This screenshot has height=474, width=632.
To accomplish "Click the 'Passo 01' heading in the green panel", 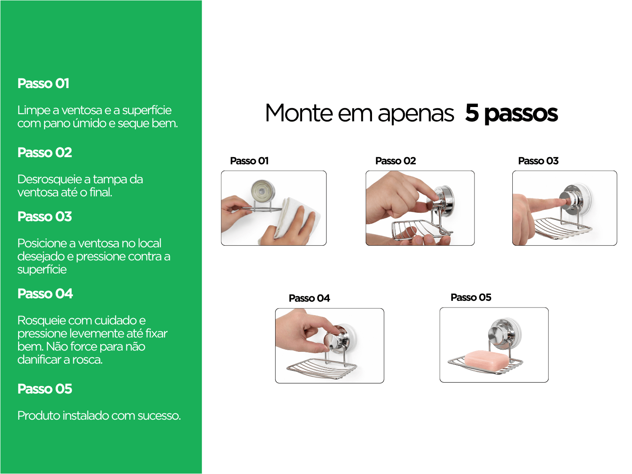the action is click(43, 83).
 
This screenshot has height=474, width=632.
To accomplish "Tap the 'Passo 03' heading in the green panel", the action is click(45, 217).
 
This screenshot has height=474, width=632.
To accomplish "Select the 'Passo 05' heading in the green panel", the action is click(45, 388).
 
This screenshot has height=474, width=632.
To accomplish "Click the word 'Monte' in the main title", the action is click(298, 113).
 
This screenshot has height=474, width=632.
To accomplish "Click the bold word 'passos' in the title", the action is click(521, 114).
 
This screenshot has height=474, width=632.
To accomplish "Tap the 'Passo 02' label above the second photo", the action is click(395, 161).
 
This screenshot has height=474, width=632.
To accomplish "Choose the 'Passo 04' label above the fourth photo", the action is click(309, 298).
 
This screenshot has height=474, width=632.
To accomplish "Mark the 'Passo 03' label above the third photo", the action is click(538, 161).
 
